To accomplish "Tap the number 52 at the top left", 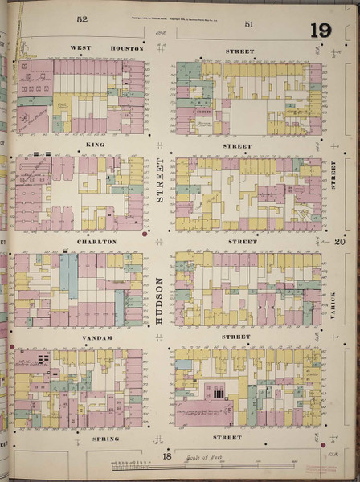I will click(82, 18).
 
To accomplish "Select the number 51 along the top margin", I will click(249, 24).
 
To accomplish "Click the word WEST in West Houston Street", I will click(80, 48).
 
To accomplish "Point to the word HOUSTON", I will click(126, 48).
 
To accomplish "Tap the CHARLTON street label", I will click(96, 241).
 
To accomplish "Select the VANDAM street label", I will click(96, 338).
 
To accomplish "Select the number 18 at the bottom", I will click(167, 455).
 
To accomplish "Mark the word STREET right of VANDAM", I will click(238, 337).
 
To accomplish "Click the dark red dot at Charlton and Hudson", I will click(145, 236).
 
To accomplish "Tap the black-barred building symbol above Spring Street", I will click(215, 392).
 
